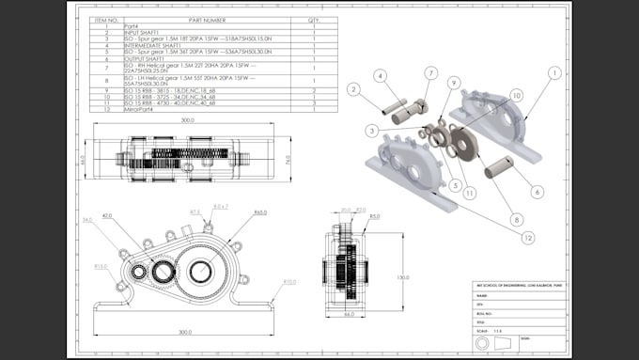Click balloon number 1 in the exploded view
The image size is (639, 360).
pos(554,71)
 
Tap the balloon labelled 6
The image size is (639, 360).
pos(538,192)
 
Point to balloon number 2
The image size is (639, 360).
pos(354,89)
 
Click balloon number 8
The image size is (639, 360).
pos(516,220)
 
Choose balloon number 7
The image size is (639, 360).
pos(429,72)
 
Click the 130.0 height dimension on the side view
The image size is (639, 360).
pos(403,277)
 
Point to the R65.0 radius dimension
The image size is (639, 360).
pos(260,212)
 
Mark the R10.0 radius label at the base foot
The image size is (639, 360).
pos(289,281)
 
